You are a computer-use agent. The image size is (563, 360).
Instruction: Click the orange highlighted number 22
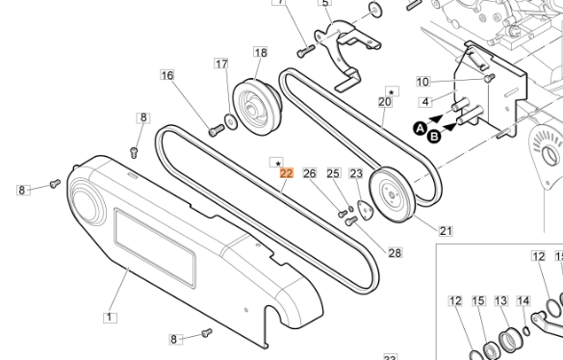[x=286, y=174]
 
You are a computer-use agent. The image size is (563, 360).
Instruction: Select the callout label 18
[x=260, y=52]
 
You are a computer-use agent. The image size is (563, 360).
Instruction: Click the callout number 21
[x=446, y=231]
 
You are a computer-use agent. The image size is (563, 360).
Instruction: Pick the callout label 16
[x=167, y=75]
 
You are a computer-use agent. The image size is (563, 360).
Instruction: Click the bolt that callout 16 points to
[x=215, y=130]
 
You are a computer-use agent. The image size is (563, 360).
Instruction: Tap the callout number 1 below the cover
[x=109, y=316]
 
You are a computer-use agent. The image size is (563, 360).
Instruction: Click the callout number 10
[x=422, y=82]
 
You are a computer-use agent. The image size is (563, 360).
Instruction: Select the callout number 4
[x=423, y=101]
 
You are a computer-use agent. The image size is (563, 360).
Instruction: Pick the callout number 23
[x=356, y=174]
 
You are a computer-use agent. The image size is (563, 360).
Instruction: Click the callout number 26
[x=309, y=173]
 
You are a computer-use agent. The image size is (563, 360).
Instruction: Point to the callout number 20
[x=384, y=101]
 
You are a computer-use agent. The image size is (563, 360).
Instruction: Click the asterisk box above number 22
[x=277, y=162]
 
